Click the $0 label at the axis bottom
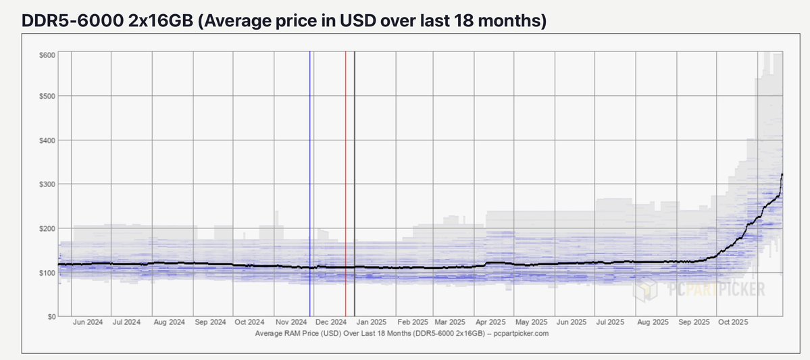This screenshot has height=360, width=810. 51,316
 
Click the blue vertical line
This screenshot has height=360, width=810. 310,169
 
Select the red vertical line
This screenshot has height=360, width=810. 345,169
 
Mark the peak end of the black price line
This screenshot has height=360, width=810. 782,175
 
